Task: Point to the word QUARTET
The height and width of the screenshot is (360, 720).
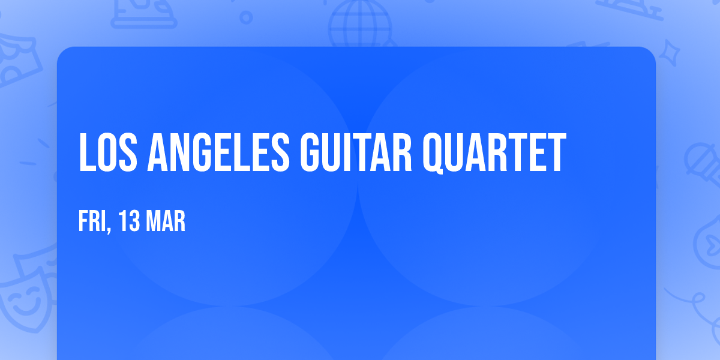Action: [494, 153]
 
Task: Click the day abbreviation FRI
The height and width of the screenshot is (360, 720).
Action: [92, 222]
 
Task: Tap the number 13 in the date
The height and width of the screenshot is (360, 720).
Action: [129, 222]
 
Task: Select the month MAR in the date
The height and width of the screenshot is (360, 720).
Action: [167, 222]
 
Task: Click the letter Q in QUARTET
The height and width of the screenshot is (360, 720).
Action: [436, 154]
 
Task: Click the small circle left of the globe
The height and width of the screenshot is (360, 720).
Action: [246, 17]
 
